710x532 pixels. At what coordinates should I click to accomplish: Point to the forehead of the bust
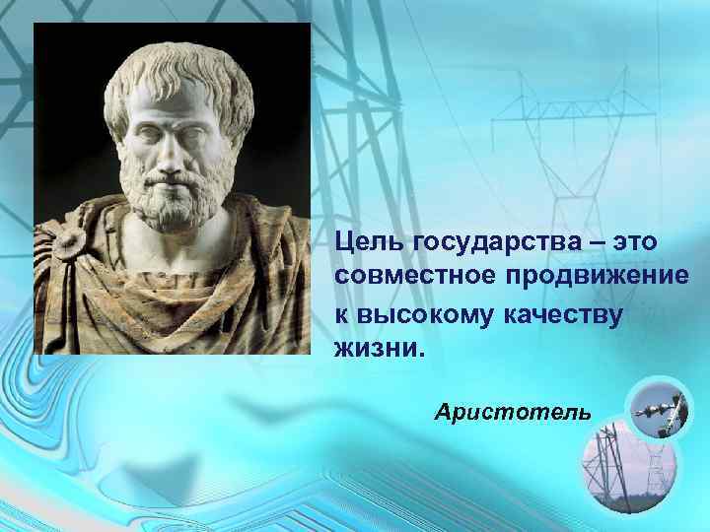pos(168,103)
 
